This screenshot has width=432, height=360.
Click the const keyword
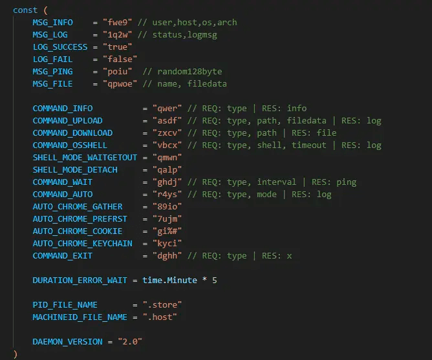coord(25,10)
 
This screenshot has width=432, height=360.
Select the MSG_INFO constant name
coord(52,23)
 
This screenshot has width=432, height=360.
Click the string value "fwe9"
coord(117,23)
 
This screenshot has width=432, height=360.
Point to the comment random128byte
coord(189,72)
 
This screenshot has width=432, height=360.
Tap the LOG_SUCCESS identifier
coord(60,47)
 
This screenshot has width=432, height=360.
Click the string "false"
coord(120,59)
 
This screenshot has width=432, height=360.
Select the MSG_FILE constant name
coord(52,84)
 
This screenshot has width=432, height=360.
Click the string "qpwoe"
coord(120,84)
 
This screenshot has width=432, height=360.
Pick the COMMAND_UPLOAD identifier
coord(67,121)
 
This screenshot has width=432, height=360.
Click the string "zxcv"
coord(167,133)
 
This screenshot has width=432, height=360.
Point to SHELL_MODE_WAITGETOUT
coord(85,158)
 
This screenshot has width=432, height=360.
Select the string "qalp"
coord(167,170)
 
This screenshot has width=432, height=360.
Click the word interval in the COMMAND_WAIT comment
coord(277,182)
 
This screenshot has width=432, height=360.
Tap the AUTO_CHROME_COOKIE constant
coord(78,231)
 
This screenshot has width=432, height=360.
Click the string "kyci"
coord(167,244)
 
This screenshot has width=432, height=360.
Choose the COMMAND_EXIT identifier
coord(63,256)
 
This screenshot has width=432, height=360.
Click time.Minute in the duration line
coord(169,281)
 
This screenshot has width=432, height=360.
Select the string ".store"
coord(162,305)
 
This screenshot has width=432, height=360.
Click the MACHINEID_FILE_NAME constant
coord(80,317)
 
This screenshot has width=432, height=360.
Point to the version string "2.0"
coord(130,342)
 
